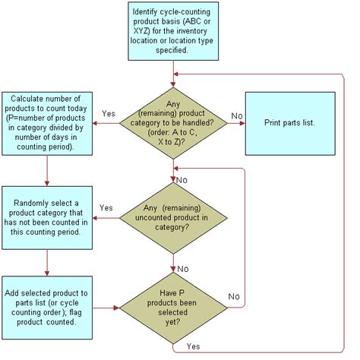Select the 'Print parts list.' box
289,122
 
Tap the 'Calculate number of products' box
47,122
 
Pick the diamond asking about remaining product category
174,122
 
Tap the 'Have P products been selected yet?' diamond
174,309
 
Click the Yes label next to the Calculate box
109,114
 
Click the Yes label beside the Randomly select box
106,207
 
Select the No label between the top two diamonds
182,180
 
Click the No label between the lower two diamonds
182,269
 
